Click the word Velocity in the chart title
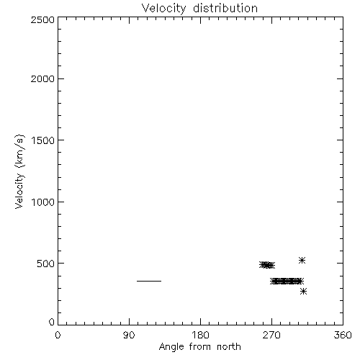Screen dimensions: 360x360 tap(163, 9)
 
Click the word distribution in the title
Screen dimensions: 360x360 tap(225, 8)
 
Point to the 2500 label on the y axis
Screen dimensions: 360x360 tap(42, 19)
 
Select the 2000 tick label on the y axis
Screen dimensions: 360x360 tap(42, 78)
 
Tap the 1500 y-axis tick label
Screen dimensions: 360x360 tap(43, 140)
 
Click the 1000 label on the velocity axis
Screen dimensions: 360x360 tap(43, 202)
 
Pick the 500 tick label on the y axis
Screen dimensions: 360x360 tap(46, 264)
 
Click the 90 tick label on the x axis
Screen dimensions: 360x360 tap(129, 335)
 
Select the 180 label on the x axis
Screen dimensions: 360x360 tap(200, 335)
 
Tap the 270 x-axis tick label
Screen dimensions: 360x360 tap(271, 335)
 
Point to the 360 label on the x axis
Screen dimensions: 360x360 tap(343, 335)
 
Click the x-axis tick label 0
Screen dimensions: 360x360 tap(58, 335)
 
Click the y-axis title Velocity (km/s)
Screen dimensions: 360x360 tap(19, 171)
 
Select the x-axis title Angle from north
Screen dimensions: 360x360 tap(200, 347)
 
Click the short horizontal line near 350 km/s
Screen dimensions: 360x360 tap(149, 281)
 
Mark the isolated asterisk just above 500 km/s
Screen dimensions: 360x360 tap(302, 260)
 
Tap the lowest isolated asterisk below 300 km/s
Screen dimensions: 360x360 tap(304, 292)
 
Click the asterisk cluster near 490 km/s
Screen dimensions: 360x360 tap(267, 265)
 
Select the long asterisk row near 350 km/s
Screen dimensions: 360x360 tap(287, 281)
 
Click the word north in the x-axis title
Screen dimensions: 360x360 tap(229, 346)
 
